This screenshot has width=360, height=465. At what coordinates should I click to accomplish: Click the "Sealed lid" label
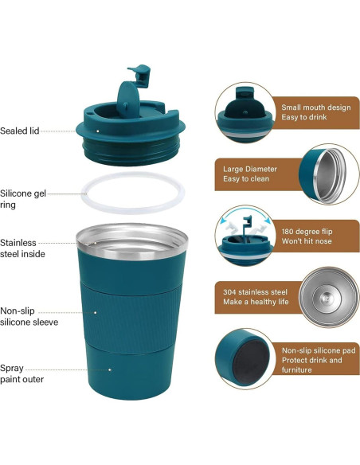click(19, 131)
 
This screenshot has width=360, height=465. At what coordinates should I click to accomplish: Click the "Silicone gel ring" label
click(22, 198)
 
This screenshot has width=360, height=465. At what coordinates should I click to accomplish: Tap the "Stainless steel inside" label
click(22, 248)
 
